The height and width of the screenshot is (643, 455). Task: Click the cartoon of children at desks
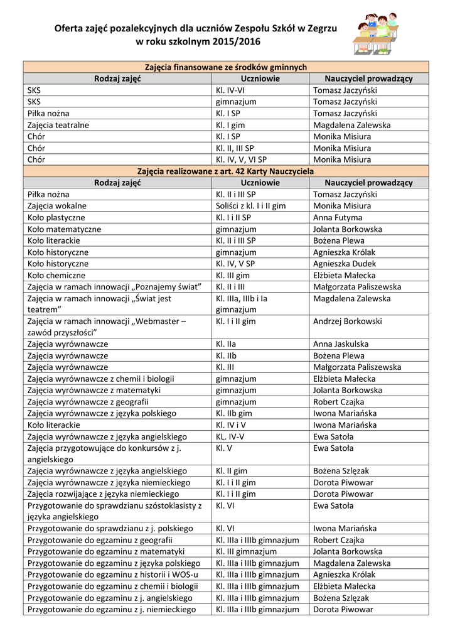point(377,35)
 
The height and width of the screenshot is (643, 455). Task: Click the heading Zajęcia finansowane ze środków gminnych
point(226,67)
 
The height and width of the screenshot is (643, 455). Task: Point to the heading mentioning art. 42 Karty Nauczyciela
point(226,171)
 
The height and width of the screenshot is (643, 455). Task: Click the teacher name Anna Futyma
point(337,217)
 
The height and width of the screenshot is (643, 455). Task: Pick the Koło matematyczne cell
point(64,229)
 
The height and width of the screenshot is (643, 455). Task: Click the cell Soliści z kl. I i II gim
point(250,206)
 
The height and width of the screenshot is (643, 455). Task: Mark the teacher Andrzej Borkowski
point(347,321)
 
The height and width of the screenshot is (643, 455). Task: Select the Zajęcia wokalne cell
point(57,206)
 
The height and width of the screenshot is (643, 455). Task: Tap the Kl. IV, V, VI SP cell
point(241,159)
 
